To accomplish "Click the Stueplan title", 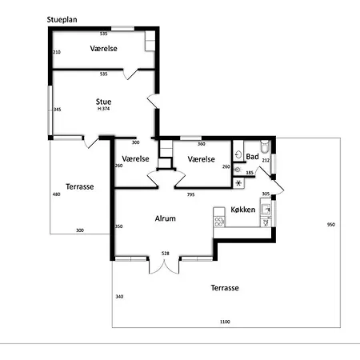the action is click(x=62, y=20).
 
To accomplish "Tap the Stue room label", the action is click(x=103, y=102).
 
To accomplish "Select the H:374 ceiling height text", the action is click(x=103, y=109).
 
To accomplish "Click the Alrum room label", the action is click(x=166, y=218).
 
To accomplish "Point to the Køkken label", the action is click(x=243, y=210).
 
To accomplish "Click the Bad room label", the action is click(x=252, y=157).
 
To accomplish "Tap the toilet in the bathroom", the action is click(x=265, y=146).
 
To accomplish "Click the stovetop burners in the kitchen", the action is click(x=219, y=222).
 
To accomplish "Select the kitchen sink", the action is click(x=266, y=210).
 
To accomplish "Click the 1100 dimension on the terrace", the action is click(x=225, y=322).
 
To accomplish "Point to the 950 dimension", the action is click(x=331, y=225).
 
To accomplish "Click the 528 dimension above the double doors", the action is click(x=166, y=254).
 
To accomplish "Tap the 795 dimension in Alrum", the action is click(x=190, y=194).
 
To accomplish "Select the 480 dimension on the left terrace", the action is click(x=57, y=194).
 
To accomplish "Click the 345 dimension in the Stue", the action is click(x=58, y=110).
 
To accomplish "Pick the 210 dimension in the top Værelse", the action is click(x=57, y=52).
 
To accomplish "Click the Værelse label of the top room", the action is click(x=103, y=49).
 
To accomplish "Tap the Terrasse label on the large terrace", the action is click(x=225, y=288).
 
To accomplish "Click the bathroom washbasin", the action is click(x=238, y=154).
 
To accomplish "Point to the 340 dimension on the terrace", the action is click(x=119, y=297).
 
